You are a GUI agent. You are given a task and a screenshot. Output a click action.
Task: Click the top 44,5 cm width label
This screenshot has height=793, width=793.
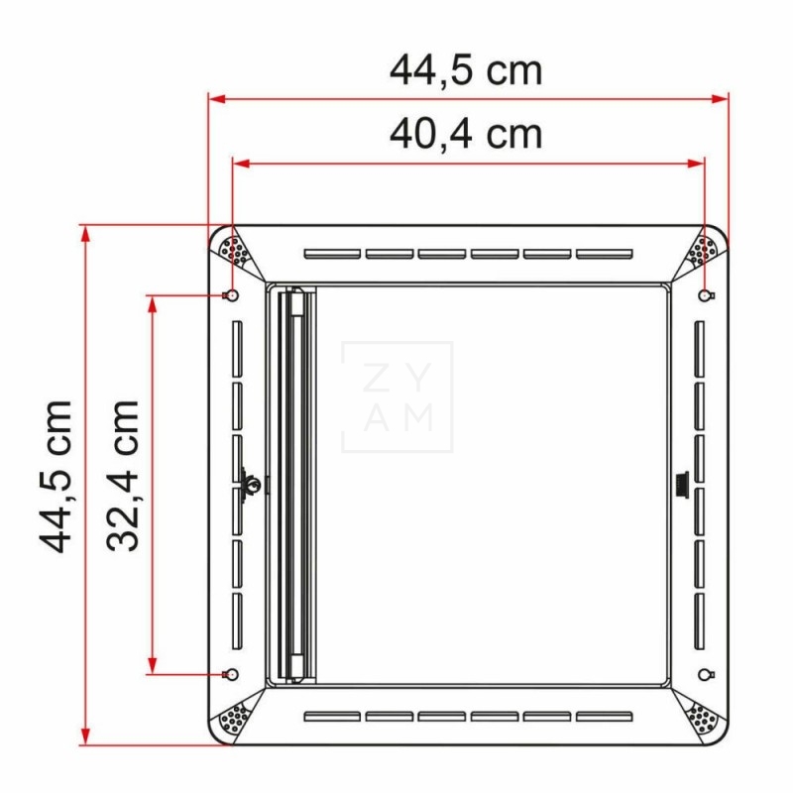click(x=466, y=71)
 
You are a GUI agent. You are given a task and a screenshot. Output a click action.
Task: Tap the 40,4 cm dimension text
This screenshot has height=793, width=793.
click(x=466, y=134)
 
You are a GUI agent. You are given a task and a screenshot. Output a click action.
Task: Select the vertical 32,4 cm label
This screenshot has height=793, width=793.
click(x=123, y=475)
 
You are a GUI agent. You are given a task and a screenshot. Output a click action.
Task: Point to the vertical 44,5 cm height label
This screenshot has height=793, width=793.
click(x=57, y=475)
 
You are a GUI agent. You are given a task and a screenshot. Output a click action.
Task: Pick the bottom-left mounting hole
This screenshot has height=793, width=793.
click(x=231, y=674)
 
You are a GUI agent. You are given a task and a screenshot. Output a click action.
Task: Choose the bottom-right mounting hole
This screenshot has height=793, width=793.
click(x=705, y=674)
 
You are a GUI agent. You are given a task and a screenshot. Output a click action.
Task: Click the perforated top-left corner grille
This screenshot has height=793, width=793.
click(x=235, y=249)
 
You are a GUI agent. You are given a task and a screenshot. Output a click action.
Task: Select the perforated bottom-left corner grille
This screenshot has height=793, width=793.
click(x=235, y=717)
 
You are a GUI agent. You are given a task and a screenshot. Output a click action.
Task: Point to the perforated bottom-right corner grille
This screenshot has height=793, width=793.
click(x=703, y=717)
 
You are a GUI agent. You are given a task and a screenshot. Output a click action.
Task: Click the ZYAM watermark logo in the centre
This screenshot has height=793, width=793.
click(x=396, y=396)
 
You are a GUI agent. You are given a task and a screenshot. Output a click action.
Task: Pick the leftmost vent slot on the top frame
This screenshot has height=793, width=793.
click(x=332, y=254)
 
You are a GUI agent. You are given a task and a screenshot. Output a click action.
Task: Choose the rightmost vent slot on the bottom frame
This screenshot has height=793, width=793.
click(x=604, y=716)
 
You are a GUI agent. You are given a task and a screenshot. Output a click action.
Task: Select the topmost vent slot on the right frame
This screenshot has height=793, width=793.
click(x=699, y=347)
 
